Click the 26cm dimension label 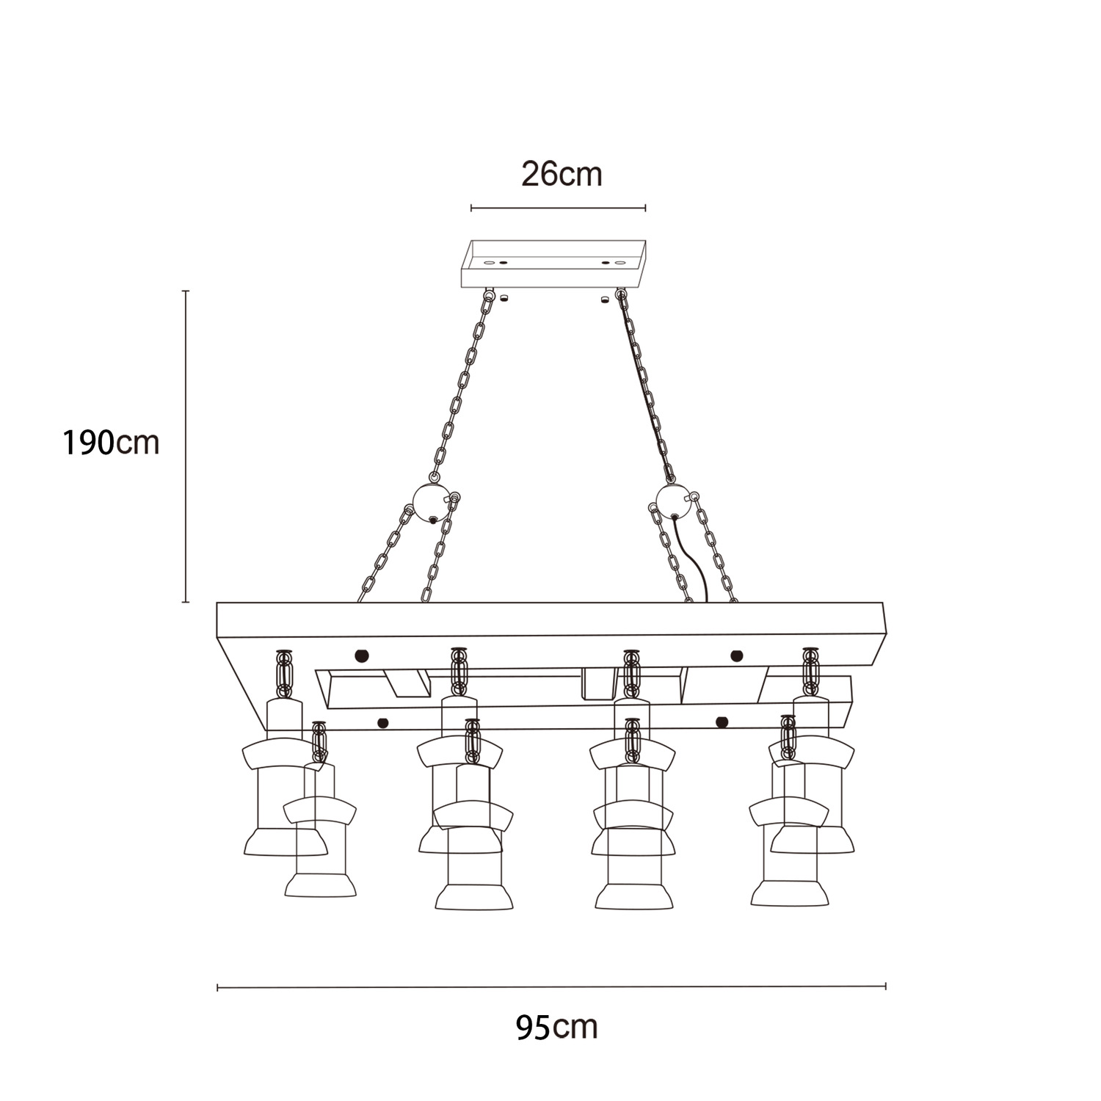(x=562, y=175)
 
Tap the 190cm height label (x=111, y=443)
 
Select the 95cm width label (x=556, y=1027)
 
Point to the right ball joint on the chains (x=674, y=501)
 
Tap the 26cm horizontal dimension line (x=558, y=208)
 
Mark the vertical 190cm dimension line (x=186, y=446)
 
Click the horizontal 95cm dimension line (x=552, y=987)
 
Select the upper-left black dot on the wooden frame (x=361, y=655)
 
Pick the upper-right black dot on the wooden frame (x=737, y=655)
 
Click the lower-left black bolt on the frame (x=382, y=723)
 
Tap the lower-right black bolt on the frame (x=722, y=722)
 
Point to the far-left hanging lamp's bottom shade (x=286, y=842)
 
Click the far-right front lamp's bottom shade (x=790, y=893)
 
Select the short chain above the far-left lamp (x=284, y=673)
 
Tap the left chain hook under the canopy (x=489, y=296)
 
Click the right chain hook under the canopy (x=622, y=296)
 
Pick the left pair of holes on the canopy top (x=496, y=262)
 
